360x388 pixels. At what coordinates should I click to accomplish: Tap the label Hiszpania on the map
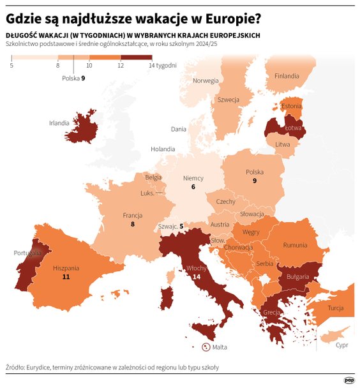pyautogui.click(x=66, y=268)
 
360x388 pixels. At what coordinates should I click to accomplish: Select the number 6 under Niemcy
pyautogui.click(x=193, y=187)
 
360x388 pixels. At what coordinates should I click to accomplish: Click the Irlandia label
pyautogui.click(x=59, y=123)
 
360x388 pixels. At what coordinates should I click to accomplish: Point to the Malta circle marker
pyautogui.click(x=206, y=347)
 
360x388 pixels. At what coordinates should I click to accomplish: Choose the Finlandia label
pyautogui.click(x=287, y=76)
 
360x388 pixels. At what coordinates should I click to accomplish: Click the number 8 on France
pyautogui.click(x=132, y=225)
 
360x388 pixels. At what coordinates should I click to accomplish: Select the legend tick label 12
pyautogui.click(x=120, y=66)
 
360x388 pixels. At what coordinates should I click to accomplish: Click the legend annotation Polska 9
pyautogui.click(x=73, y=78)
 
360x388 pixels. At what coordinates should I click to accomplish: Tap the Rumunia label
pyautogui.click(x=295, y=245)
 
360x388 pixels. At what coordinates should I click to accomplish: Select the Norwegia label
pyautogui.click(x=206, y=81)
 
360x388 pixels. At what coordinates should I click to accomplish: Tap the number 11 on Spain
pyautogui.click(x=66, y=278)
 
